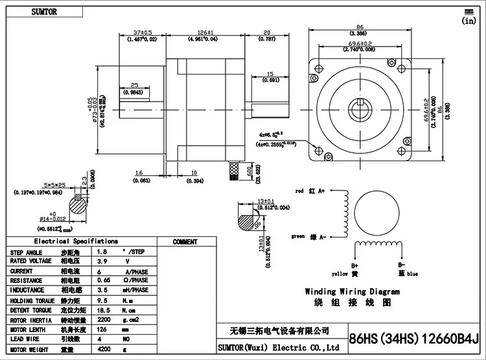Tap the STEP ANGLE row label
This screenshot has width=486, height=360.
click(x=27, y=252)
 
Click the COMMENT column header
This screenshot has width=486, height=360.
click(x=185, y=242)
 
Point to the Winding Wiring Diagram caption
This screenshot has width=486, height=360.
click(x=352, y=292)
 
